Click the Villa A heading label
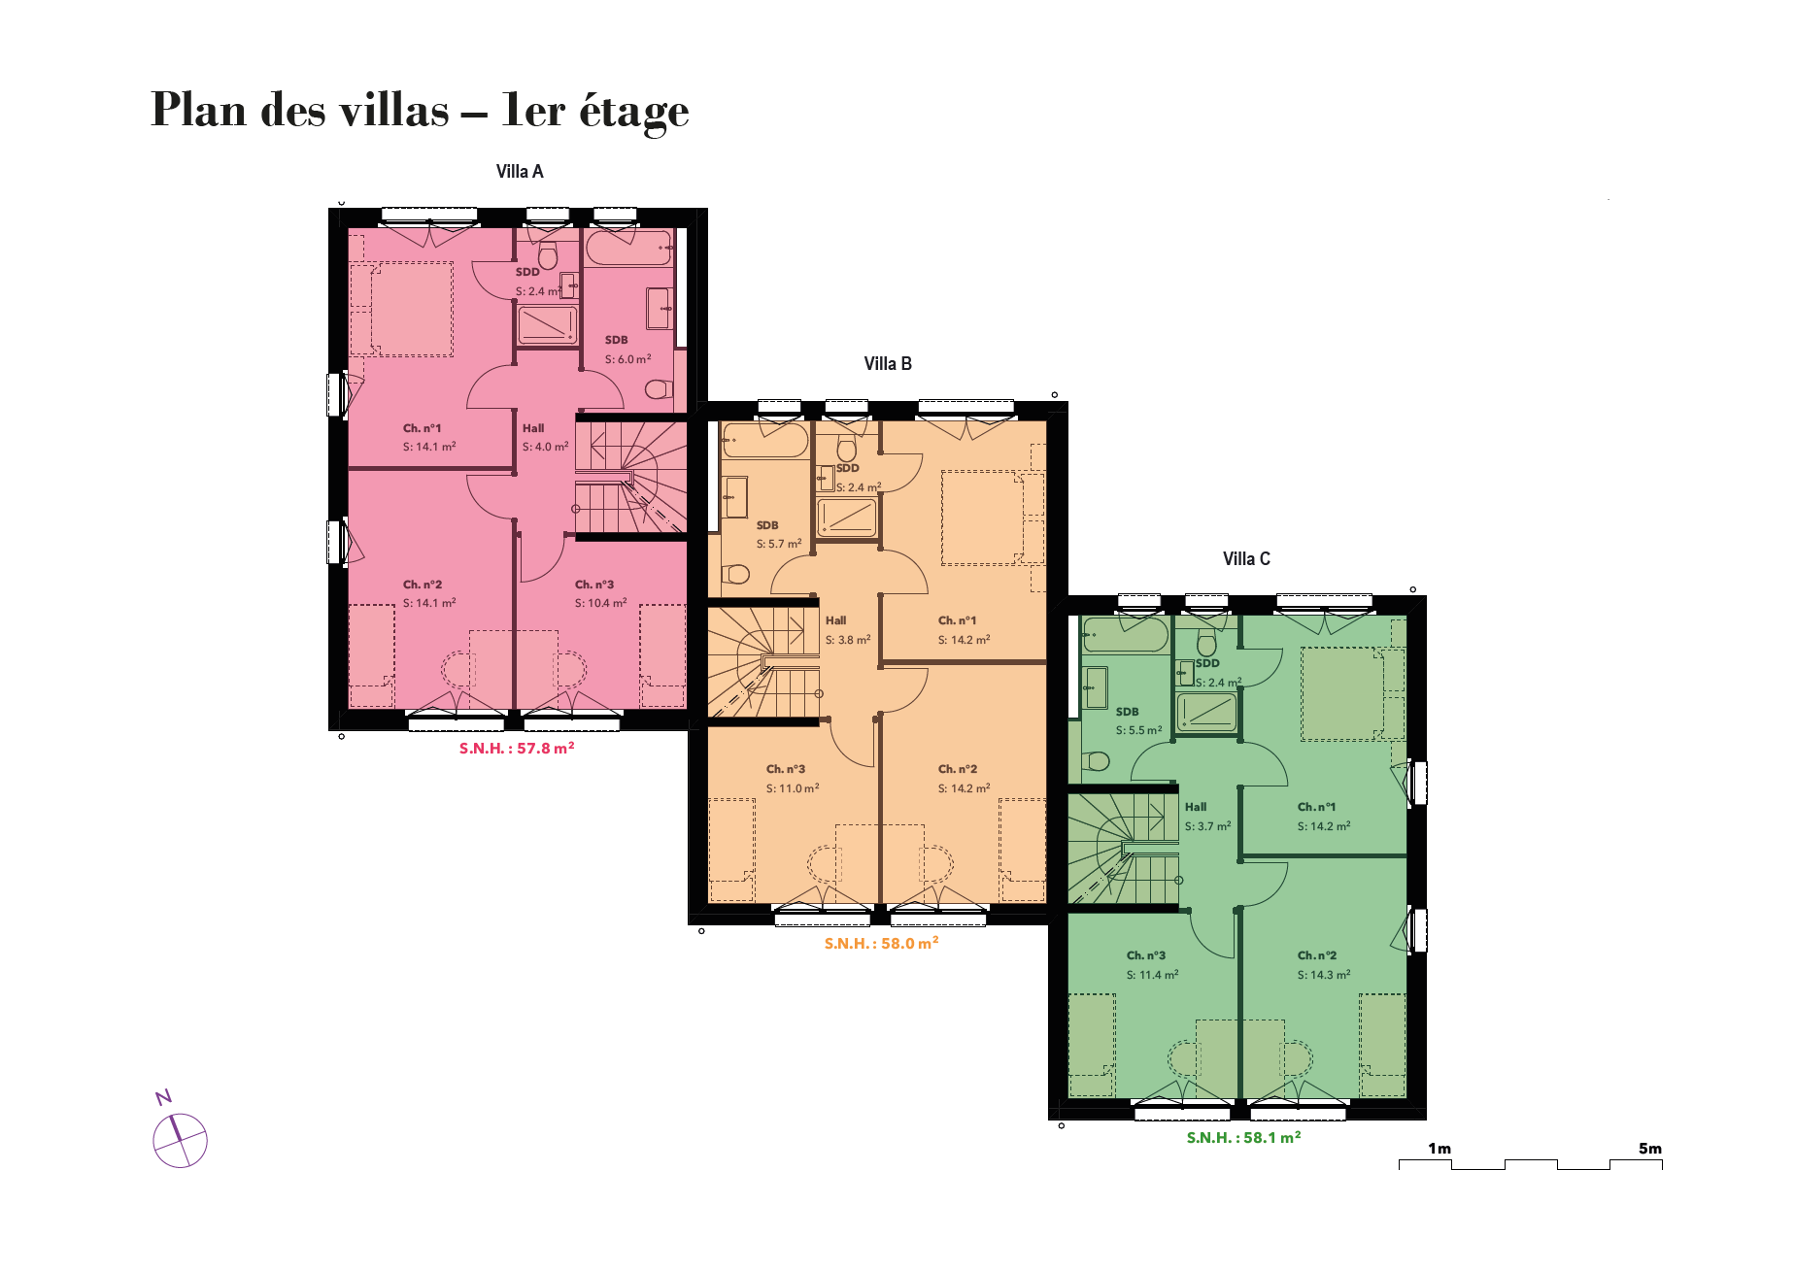coord(520,172)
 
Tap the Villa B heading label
coord(888,364)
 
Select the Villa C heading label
coord(1246,559)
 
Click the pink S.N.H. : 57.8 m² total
coord(517,749)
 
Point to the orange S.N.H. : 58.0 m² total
coord(881,944)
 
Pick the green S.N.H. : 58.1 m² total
coord(1243,1138)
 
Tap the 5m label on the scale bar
coord(1650,1149)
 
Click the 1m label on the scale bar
coord(1439,1149)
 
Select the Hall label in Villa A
coord(533,428)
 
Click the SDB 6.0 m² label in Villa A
coord(627,350)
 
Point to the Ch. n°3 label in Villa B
coord(786,769)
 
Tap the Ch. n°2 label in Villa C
coord(1317,955)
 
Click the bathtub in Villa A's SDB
coord(629,248)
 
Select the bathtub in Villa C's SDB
coord(1125,635)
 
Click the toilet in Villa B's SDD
coord(847,448)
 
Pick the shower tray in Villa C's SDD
coord(1206,713)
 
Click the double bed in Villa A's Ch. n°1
coord(411,309)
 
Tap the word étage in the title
coord(634,112)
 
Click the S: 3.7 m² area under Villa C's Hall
coord(1207,826)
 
